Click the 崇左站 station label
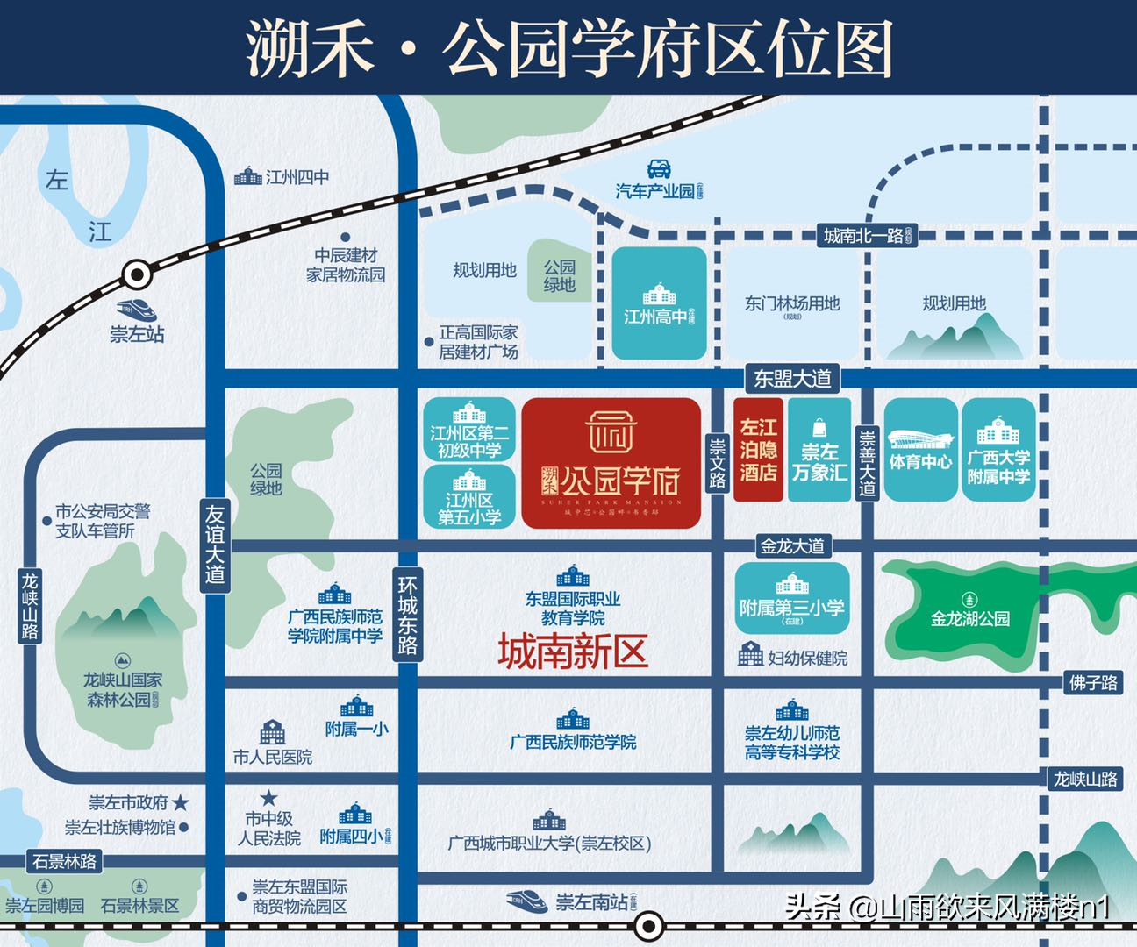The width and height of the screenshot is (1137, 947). click(x=137, y=334)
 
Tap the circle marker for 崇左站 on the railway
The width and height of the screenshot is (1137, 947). click(x=137, y=275)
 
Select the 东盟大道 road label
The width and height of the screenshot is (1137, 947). click(x=792, y=378)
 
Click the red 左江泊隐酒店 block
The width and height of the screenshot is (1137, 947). click(x=758, y=450)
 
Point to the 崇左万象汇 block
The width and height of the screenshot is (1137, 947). click(x=819, y=450)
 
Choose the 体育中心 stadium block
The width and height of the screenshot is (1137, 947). click(x=920, y=450)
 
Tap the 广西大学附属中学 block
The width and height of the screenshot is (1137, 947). click(x=998, y=450)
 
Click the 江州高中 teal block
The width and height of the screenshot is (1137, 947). click(x=659, y=303)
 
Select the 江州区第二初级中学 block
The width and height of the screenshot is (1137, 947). click(x=469, y=430)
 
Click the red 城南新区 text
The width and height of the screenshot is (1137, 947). click(x=573, y=652)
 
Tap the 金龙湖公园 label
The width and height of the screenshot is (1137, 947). click(x=969, y=617)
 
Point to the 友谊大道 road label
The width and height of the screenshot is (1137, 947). click(x=215, y=544)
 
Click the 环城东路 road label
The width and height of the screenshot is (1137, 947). click(x=408, y=615)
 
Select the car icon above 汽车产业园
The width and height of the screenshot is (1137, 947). click(x=659, y=168)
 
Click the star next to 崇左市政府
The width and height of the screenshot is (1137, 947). click(x=181, y=801)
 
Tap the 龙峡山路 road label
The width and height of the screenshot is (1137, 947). click(x=31, y=605)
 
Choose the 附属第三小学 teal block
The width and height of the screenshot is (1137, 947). click(x=792, y=599)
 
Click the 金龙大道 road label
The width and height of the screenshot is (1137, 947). click(x=792, y=546)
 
